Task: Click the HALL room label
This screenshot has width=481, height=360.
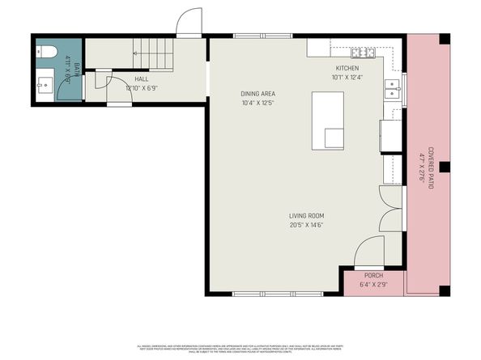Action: (x=141, y=79)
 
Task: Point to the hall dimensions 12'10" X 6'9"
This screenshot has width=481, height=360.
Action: (x=141, y=87)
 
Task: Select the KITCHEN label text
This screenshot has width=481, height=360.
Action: (x=347, y=69)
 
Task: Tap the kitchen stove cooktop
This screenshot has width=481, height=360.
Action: (x=364, y=54)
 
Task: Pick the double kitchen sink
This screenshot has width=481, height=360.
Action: (x=393, y=87)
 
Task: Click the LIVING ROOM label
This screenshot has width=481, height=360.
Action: (x=307, y=215)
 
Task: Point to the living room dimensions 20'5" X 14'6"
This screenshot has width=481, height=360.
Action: (x=307, y=224)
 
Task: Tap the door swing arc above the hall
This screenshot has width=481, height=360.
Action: (x=189, y=22)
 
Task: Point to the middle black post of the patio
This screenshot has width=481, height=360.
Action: (x=444, y=167)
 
